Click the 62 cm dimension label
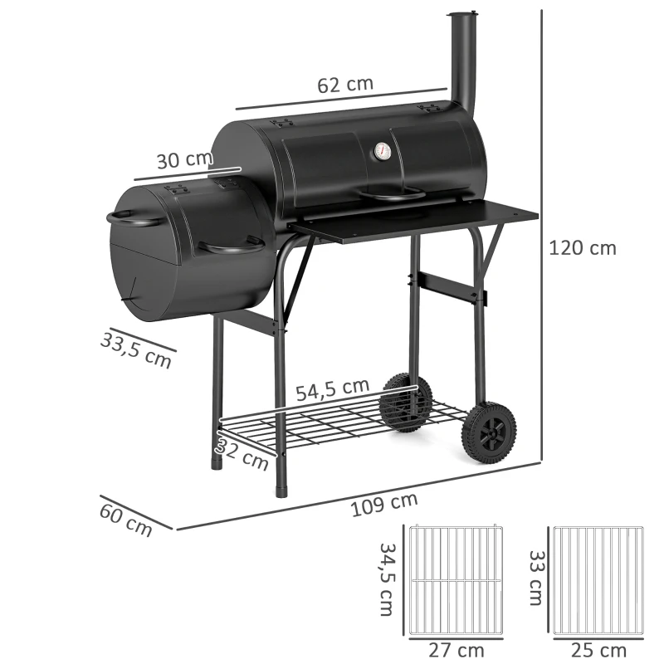[x=345, y=85]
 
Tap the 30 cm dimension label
[x=185, y=159]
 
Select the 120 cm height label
[x=583, y=247]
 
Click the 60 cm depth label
[x=126, y=518]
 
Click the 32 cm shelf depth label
[x=246, y=455]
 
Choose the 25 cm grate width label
[x=599, y=650]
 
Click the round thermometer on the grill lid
[x=383, y=152]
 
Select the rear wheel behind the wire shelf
[x=405, y=402]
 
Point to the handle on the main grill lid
[x=393, y=197]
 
